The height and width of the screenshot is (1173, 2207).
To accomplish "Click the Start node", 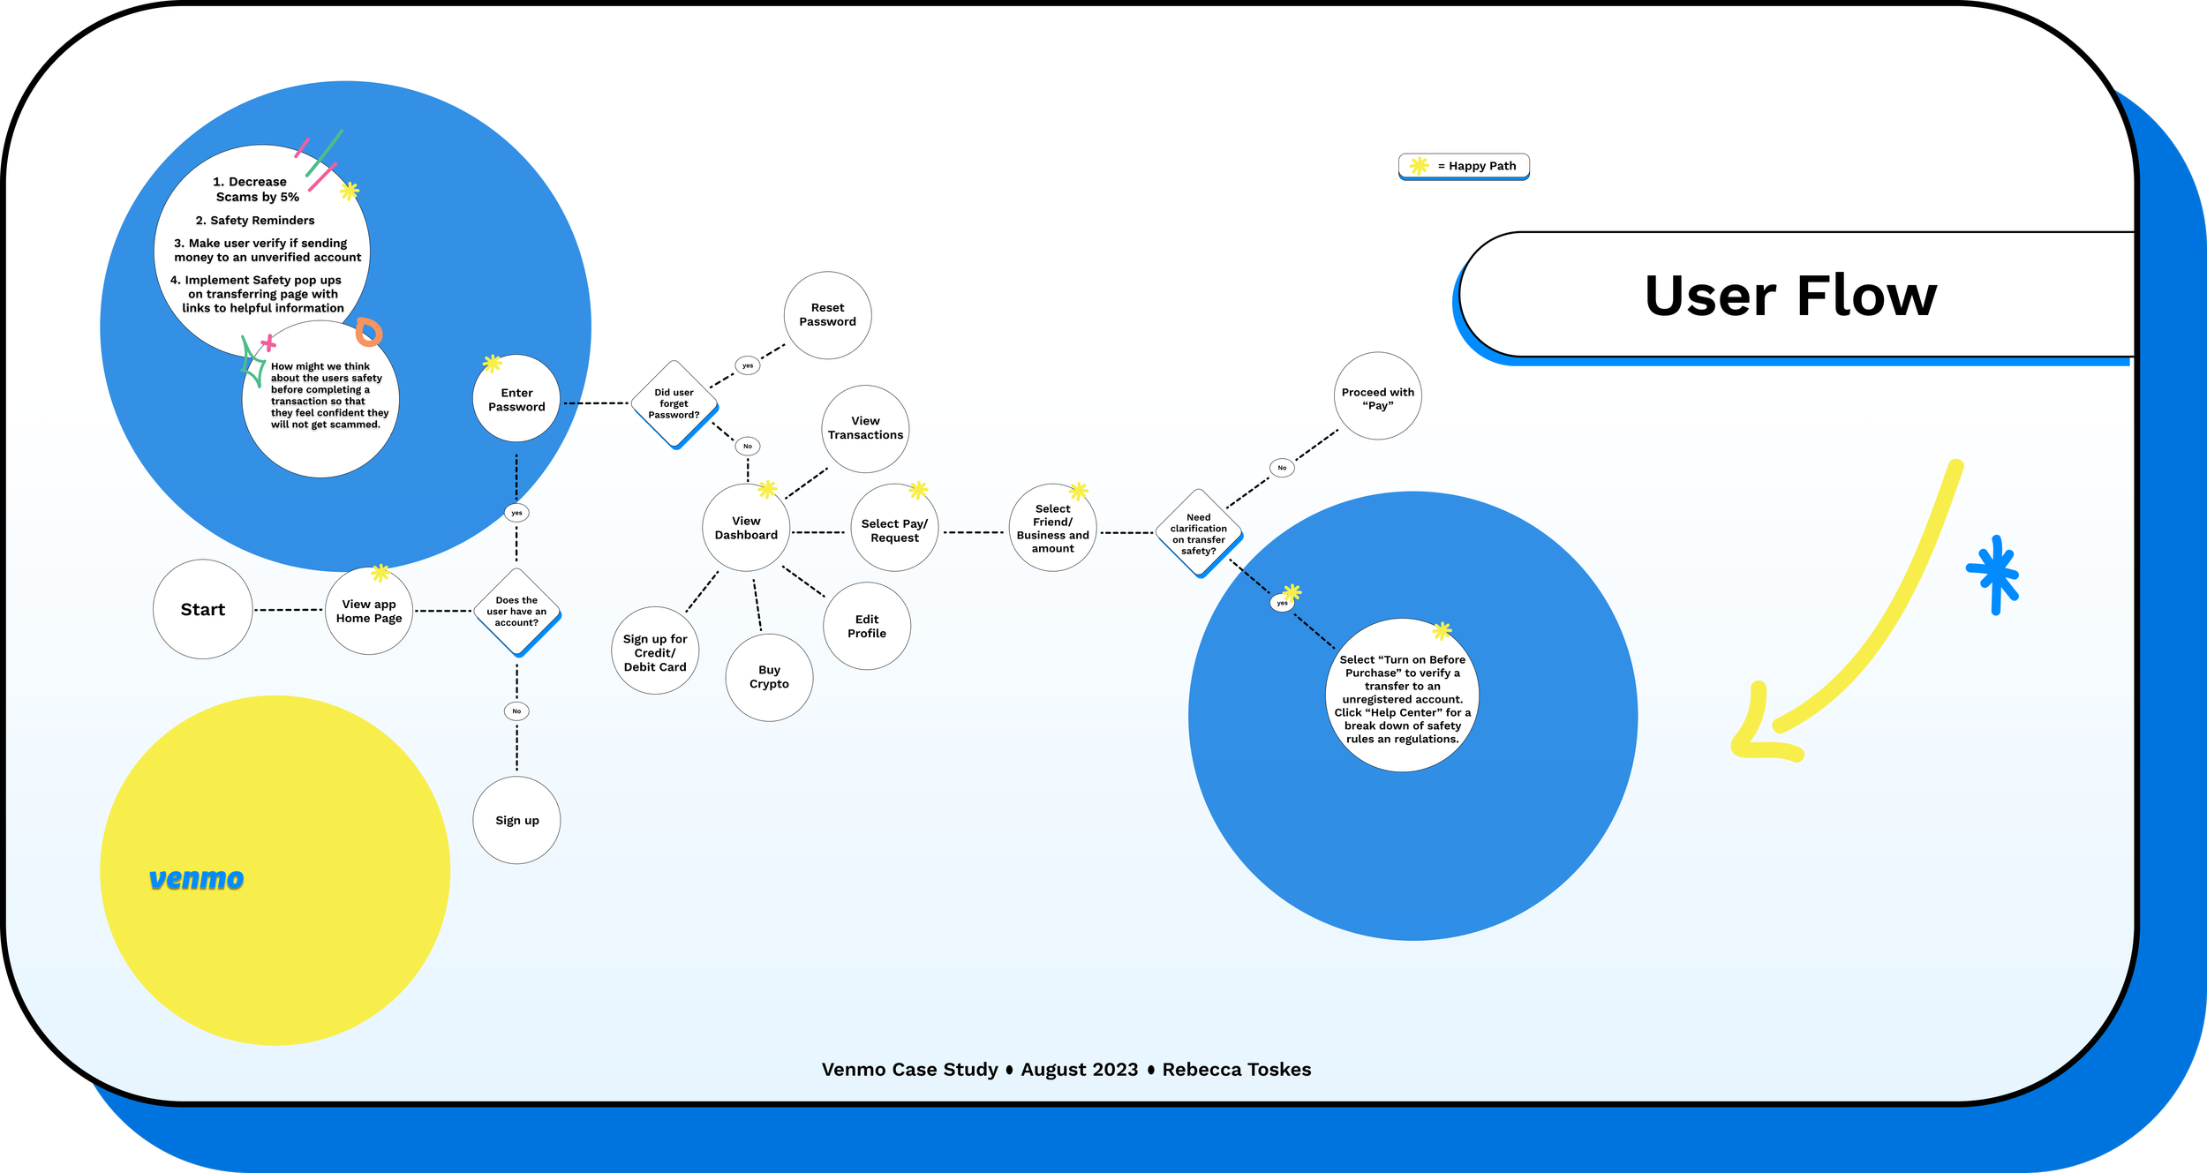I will click(202, 609).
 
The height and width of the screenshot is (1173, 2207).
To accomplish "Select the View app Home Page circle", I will click(369, 611).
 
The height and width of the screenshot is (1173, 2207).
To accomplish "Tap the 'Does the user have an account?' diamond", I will click(516, 612).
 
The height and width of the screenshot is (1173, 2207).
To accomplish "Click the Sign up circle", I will click(516, 820).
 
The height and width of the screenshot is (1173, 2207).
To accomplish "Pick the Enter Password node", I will click(516, 399).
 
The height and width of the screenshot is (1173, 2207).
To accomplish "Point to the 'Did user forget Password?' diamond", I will click(674, 403).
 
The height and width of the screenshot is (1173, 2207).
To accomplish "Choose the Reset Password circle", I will click(827, 315).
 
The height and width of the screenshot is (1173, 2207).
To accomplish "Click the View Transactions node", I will click(865, 428).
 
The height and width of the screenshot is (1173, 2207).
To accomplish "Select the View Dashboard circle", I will click(746, 528).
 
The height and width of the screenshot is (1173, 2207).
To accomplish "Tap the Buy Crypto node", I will click(769, 677).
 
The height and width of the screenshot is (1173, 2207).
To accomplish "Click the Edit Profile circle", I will click(867, 626).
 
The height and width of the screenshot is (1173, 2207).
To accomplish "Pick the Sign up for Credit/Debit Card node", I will click(655, 652).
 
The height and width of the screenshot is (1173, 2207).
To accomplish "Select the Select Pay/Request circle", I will click(894, 530).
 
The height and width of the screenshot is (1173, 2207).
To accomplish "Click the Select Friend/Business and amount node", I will click(1052, 528).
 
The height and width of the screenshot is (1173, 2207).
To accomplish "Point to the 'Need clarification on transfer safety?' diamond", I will click(1198, 533).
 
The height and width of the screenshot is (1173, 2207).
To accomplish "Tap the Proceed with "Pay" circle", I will click(1377, 397).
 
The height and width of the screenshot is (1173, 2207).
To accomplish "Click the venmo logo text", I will click(196, 878).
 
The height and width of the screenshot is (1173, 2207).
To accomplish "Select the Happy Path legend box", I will click(1464, 166).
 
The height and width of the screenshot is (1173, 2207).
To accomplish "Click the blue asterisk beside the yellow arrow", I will click(1994, 574).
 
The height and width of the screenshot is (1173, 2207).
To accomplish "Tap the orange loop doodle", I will click(368, 332).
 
